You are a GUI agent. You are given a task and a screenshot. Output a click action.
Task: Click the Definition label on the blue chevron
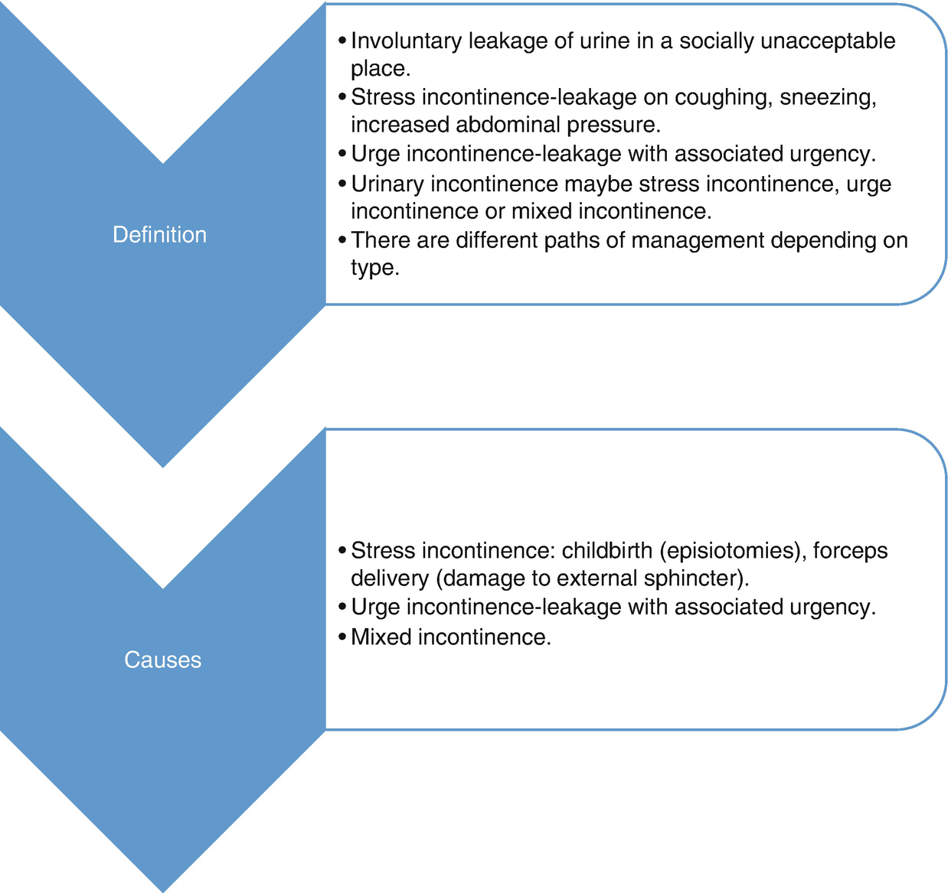click(159, 234)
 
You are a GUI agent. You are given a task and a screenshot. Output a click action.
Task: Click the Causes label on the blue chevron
click(162, 660)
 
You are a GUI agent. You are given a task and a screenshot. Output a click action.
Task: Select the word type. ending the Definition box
click(375, 269)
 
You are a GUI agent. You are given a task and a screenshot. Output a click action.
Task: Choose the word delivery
click(390, 578)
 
